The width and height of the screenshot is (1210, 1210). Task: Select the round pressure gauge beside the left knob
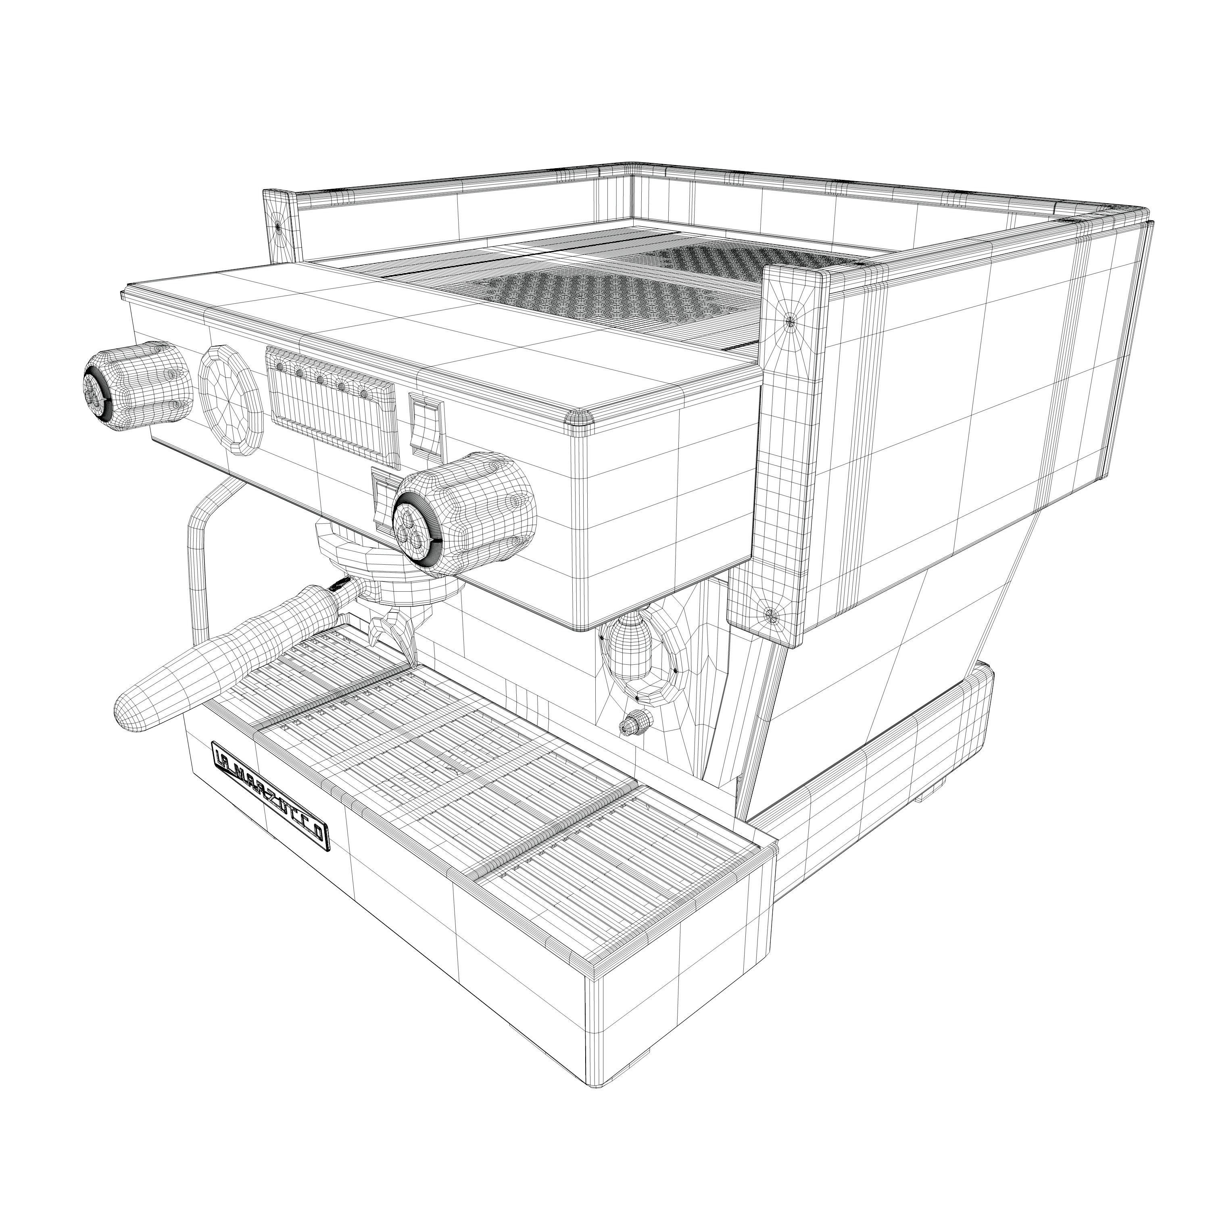[x=230, y=398]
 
